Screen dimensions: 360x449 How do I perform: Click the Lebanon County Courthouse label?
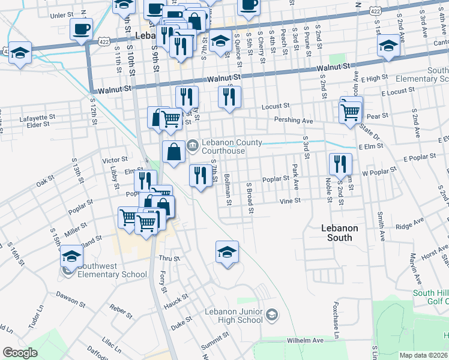(231, 146)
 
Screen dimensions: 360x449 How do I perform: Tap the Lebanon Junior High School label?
(234, 316)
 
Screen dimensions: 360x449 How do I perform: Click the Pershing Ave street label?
(294, 121)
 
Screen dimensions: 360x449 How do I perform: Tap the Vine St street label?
(289, 202)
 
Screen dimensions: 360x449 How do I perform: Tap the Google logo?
(20, 353)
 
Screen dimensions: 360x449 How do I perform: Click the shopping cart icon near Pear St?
(350, 111)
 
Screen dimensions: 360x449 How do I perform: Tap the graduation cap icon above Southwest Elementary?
(71, 256)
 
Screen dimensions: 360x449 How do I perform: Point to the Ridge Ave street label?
(410, 227)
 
